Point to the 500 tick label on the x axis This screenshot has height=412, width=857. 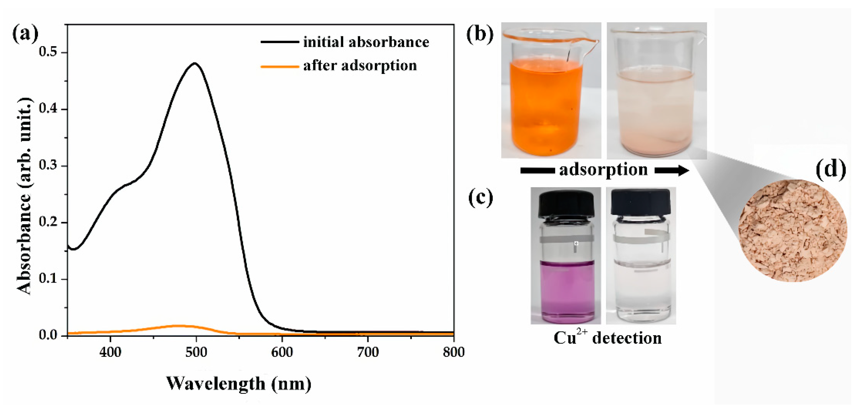pos(196,352)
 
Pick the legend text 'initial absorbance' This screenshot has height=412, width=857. pos(366,42)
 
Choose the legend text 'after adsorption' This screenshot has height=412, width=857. pos(360,65)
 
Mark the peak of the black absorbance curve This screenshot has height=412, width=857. pos(195,63)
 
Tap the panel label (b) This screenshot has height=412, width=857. pos(480,34)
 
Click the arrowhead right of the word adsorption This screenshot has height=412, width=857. pos(682,171)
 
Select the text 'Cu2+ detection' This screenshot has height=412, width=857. pos(608,338)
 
